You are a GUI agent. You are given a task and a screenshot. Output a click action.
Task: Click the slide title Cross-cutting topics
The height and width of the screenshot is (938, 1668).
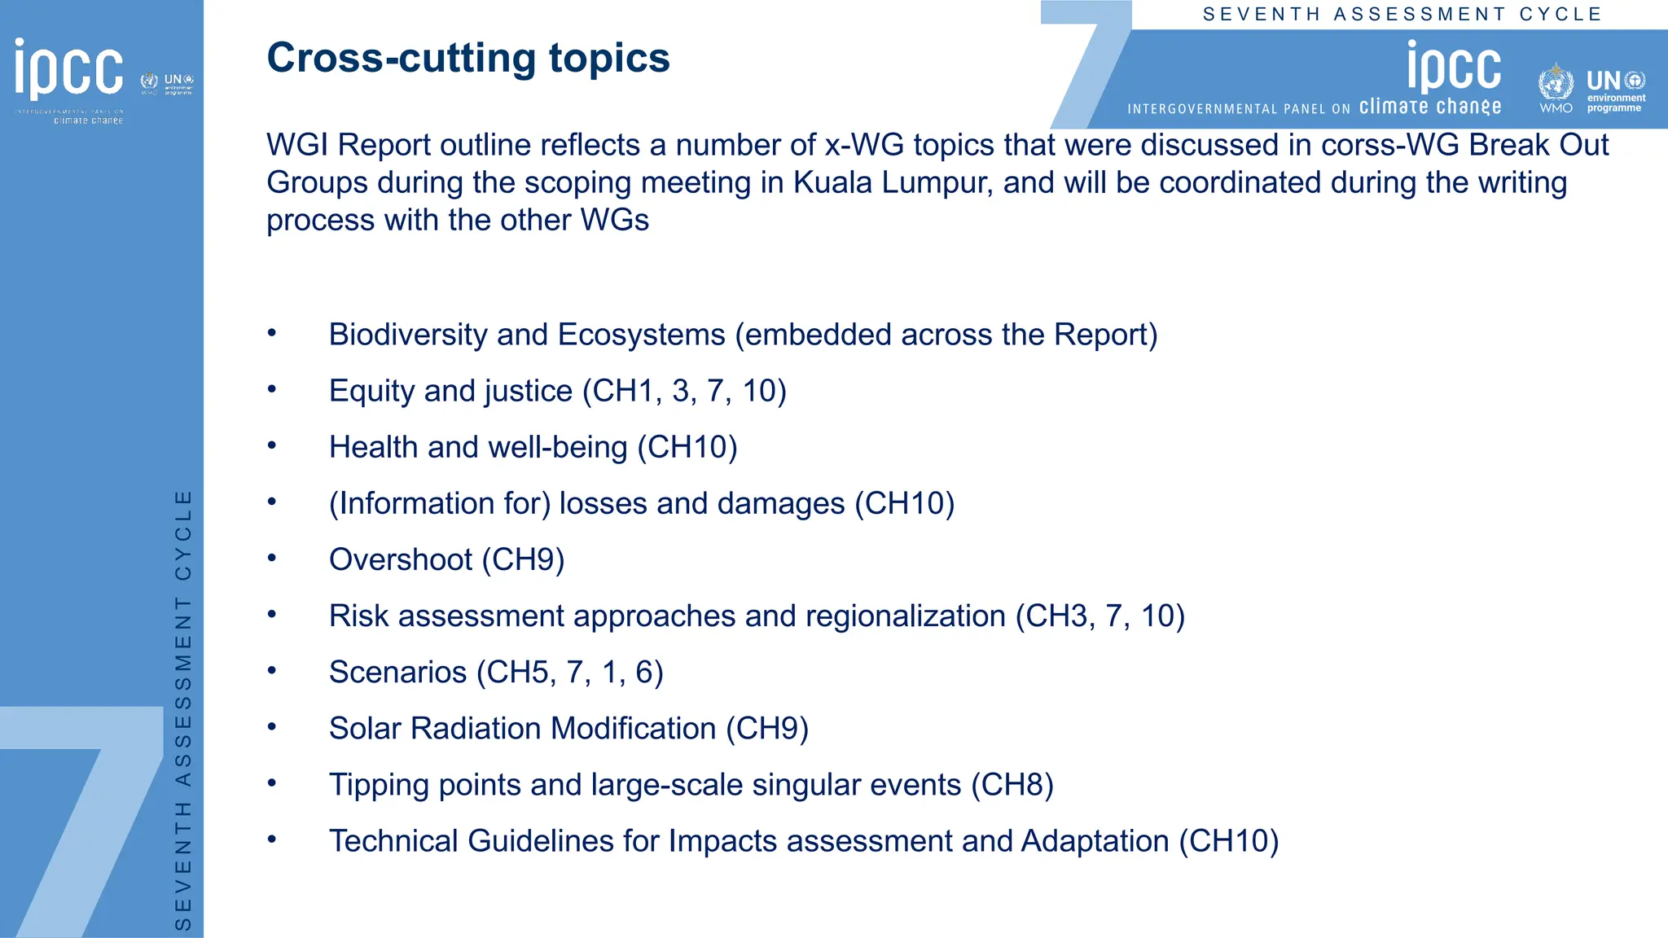pyautogui.click(x=468, y=59)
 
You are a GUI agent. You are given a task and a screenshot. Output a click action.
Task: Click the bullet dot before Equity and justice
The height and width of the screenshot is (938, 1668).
pyautogui.click(x=272, y=389)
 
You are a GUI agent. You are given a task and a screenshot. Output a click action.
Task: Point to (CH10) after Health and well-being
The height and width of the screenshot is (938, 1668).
pyautogui.click(x=687, y=447)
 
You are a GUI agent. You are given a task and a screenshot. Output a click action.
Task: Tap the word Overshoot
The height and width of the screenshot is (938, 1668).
pyautogui.click(x=400, y=559)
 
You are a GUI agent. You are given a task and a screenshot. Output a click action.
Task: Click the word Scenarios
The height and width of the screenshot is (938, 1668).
pyautogui.click(x=397, y=672)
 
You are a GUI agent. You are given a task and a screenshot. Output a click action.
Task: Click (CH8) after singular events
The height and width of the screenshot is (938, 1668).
pyautogui.click(x=1012, y=784)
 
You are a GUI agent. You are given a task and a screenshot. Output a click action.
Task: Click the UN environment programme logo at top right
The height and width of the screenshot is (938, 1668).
pyautogui.click(x=1616, y=90)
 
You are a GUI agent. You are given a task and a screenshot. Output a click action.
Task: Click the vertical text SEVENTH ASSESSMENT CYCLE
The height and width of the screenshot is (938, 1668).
pyautogui.click(x=184, y=708)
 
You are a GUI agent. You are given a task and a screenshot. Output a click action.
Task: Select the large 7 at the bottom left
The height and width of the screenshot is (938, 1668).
pyautogui.click(x=81, y=814)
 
